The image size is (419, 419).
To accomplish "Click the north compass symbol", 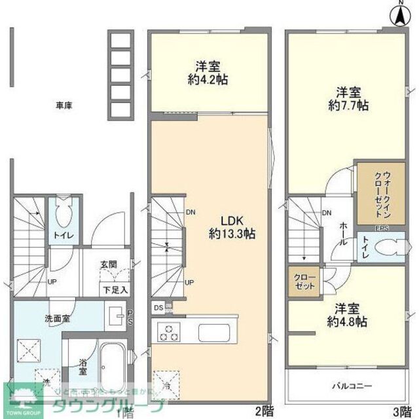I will (x=399, y=16).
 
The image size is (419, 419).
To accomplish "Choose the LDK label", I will (x=223, y=221).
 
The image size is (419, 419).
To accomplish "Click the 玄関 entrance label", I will (x=107, y=264).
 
